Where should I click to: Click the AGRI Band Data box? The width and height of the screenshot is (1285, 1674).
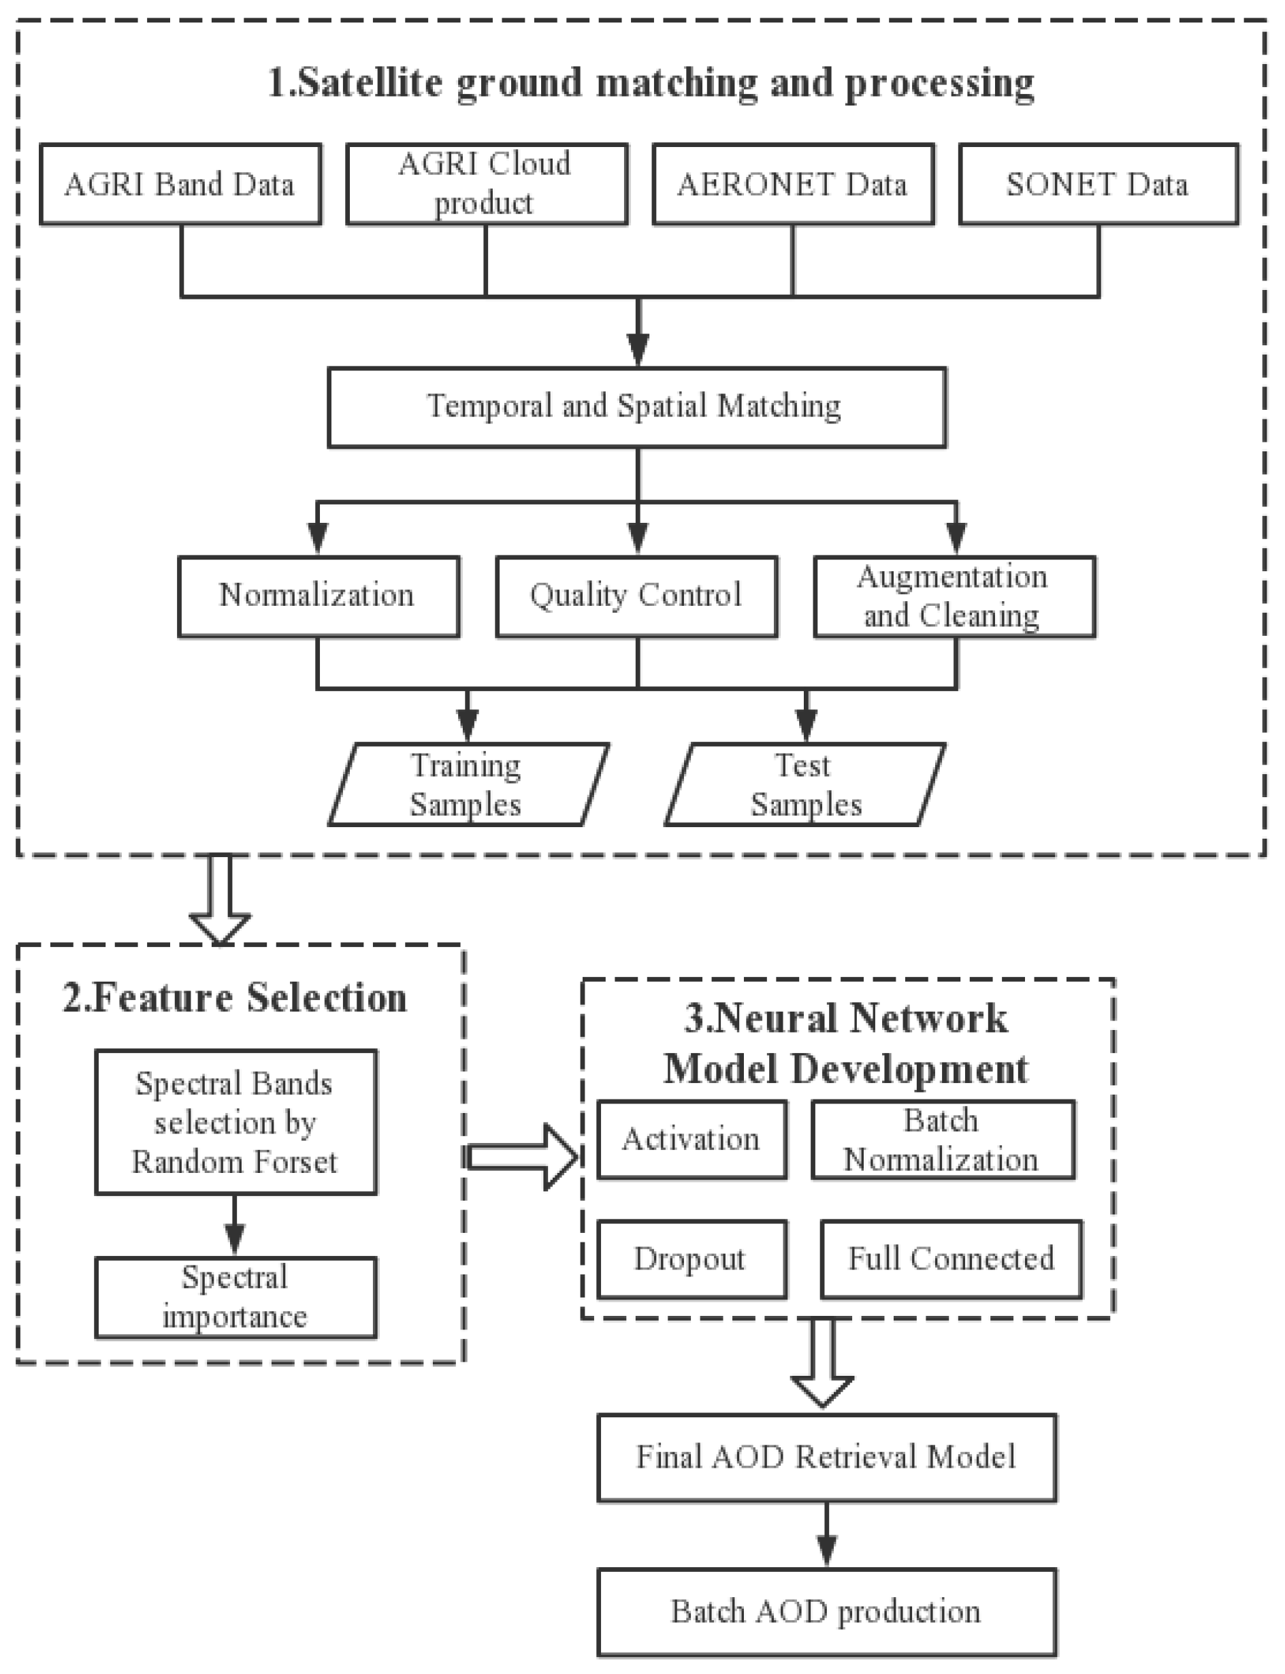pyautogui.click(x=180, y=184)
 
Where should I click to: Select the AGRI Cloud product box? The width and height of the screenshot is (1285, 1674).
pyautogui.click(x=487, y=184)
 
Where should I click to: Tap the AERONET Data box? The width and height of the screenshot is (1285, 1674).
pyautogui.click(x=792, y=184)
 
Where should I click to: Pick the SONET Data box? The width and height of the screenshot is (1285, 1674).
pyautogui.click(x=1099, y=184)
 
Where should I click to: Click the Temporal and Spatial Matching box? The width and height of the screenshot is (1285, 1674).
pyautogui.click(x=636, y=407)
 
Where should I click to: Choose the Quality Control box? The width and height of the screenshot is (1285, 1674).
pyautogui.click(x=636, y=596)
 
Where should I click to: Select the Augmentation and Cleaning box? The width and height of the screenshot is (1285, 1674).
pyautogui.click(x=954, y=596)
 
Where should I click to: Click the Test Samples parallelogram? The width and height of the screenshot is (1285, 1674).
pyautogui.click(x=804, y=784)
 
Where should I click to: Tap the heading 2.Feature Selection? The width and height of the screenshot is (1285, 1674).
pyautogui.click(x=235, y=999)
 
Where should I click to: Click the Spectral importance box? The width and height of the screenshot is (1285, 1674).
pyautogui.click(x=235, y=1298)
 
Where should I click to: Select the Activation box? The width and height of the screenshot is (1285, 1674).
pyautogui.click(x=692, y=1139)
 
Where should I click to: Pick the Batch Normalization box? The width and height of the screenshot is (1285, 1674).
pyautogui.click(x=943, y=1139)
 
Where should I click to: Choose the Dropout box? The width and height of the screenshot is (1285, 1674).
pyautogui.click(x=692, y=1259)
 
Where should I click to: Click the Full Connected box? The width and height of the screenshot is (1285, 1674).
pyautogui.click(x=951, y=1259)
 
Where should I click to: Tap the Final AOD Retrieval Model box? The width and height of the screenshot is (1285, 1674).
pyautogui.click(x=826, y=1458)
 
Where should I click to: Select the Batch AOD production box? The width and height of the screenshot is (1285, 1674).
pyautogui.click(x=826, y=1612)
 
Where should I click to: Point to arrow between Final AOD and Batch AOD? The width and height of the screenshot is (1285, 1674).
pyautogui.click(x=826, y=1534)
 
